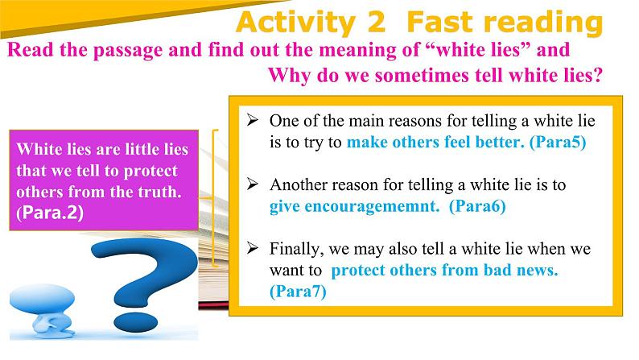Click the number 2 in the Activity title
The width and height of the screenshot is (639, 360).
(376, 22)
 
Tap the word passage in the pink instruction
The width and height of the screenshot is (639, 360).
(128, 51)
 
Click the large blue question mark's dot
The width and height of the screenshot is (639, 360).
(136, 321)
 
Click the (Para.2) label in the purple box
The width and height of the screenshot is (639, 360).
(50, 213)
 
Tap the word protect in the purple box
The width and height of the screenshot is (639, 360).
(150, 172)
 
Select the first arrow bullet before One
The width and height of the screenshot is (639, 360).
(252, 120)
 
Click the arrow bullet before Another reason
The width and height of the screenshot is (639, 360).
(252, 184)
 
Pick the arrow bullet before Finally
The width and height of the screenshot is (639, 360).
(252, 248)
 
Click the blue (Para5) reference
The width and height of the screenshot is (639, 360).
(558, 143)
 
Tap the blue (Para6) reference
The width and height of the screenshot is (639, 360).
(477, 206)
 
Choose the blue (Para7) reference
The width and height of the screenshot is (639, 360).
(298, 292)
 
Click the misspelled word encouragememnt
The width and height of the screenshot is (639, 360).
(372, 207)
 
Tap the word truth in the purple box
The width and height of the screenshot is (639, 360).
(159, 192)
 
